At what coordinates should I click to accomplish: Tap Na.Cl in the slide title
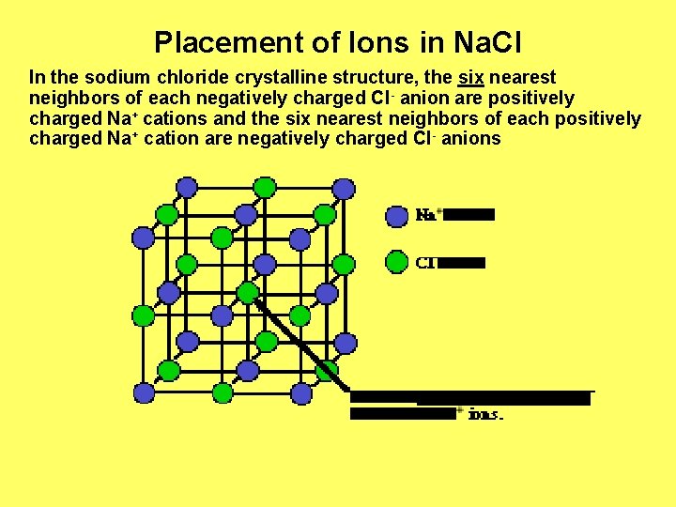pyautogui.click(x=487, y=42)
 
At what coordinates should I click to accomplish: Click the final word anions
pyautogui.click(x=471, y=140)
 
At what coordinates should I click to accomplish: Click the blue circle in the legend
pyautogui.click(x=397, y=215)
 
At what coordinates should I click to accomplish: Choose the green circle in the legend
pyautogui.click(x=397, y=261)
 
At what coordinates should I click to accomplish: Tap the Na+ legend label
pyautogui.click(x=427, y=215)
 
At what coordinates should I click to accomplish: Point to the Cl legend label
pyautogui.click(x=425, y=262)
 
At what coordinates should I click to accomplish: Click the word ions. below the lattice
pyautogui.click(x=485, y=413)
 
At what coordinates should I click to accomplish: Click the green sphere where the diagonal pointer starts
pyautogui.click(x=247, y=293)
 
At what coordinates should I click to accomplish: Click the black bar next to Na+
pyautogui.click(x=469, y=215)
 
